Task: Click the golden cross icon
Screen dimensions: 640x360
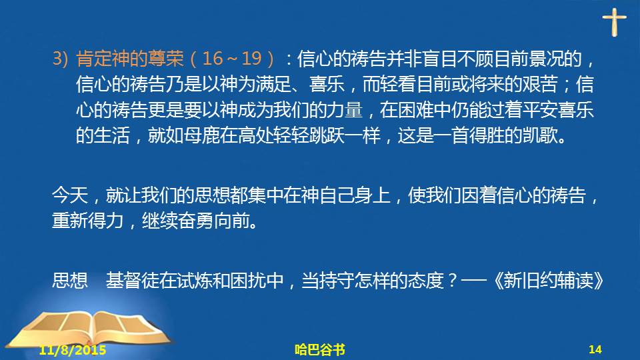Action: (614, 22)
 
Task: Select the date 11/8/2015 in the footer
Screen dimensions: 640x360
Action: (72, 350)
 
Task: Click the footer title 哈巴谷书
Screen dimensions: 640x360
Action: (319, 350)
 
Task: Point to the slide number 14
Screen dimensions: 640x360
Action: (595, 349)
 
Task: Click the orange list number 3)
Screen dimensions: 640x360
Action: (61, 59)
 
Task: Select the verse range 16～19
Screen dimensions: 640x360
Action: (231, 59)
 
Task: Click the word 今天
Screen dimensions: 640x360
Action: (70, 195)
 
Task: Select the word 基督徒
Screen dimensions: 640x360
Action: (132, 281)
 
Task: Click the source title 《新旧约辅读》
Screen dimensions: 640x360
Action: (549, 281)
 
